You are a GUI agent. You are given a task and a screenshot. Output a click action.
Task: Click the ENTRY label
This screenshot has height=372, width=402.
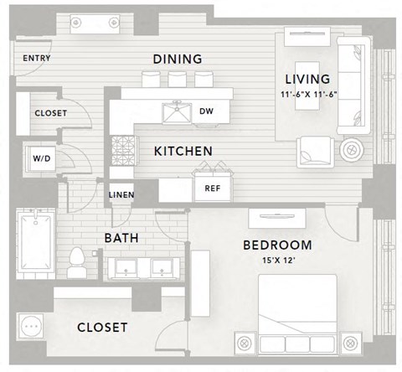[x=38, y=58]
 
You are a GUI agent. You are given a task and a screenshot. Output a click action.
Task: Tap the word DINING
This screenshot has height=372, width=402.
[x=178, y=59]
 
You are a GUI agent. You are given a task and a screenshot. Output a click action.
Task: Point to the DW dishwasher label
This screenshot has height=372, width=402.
[x=207, y=111]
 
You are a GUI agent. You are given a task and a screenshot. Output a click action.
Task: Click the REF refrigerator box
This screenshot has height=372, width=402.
[x=212, y=189]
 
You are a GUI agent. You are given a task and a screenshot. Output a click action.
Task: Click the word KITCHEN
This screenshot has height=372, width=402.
[x=183, y=151]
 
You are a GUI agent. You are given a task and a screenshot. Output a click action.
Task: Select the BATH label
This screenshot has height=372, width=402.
[x=121, y=239]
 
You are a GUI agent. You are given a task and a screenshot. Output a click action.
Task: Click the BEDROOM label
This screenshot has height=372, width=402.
[x=276, y=245]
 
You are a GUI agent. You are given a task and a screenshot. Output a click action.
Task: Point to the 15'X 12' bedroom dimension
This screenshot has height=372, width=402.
[x=277, y=260]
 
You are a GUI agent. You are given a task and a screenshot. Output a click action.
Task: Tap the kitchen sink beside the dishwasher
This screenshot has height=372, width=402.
[x=178, y=111]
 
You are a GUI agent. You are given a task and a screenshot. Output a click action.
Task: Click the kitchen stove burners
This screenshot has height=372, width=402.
[x=123, y=151]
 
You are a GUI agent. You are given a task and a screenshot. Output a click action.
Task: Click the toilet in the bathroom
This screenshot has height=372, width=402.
[x=77, y=262]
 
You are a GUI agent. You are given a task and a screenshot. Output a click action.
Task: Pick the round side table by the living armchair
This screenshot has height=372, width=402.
[x=351, y=150]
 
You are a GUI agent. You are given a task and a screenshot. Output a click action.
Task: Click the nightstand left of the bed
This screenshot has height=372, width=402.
[x=245, y=344]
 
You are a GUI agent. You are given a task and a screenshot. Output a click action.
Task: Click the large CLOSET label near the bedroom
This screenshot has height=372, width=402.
[x=102, y=327]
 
